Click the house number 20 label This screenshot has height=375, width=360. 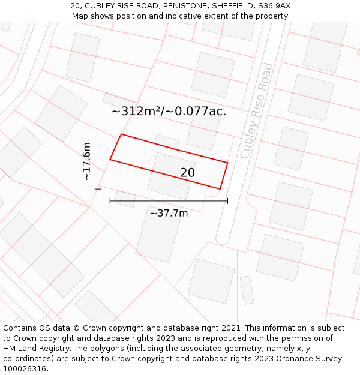(187, 173)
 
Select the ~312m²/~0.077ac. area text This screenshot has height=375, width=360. (169, 111)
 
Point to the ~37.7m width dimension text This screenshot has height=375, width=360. (169, 213)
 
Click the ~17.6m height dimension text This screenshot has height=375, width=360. (86, 161)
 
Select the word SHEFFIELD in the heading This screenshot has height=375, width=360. (229, 6)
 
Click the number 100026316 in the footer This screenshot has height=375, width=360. (25, 368)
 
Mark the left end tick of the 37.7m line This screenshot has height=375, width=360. (110, 201)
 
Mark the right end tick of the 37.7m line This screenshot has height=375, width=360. (227, 201)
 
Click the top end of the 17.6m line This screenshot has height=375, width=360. (98, 134)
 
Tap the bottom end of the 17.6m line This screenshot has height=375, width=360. (98, 189)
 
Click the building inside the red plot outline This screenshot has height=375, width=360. (172, 175)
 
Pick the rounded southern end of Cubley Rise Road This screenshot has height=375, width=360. (223, 240)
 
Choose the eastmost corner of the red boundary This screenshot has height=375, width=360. (227, 162)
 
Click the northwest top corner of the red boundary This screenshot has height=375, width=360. (122, 134)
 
